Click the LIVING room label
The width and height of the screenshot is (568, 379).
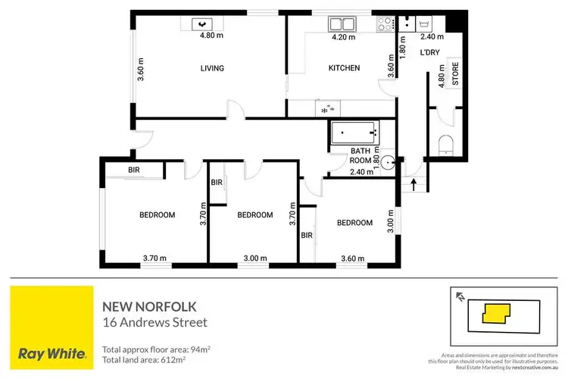point(212,68)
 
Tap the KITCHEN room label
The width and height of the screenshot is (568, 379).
point(343,68)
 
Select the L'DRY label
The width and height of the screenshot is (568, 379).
point(429,52)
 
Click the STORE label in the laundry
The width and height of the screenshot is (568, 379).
point(455,74)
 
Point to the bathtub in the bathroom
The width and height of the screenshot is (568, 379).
point(354,133)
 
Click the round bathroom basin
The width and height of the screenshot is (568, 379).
point(388,161)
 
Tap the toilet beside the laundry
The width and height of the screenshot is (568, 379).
point(445,143)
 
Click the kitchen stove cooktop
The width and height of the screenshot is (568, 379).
point(383,23)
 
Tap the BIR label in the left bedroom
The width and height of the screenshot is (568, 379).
point(134,170)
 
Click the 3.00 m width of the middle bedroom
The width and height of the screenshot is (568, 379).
point(255,258)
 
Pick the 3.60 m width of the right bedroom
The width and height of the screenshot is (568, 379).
point(354,258)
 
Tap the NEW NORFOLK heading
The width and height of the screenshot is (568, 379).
point(149,306)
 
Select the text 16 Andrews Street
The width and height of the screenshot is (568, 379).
point(154,322)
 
